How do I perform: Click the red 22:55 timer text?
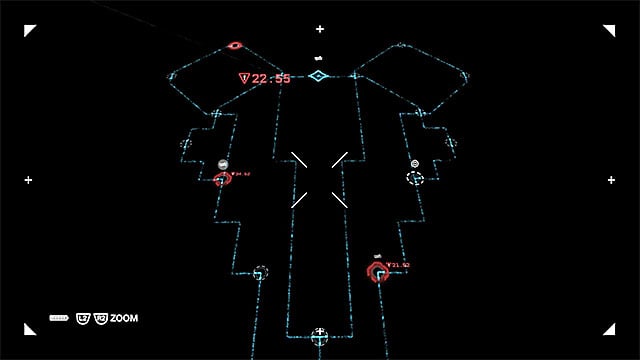[271, 78]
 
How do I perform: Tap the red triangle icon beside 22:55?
[243, 78]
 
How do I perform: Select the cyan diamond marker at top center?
[318, 76]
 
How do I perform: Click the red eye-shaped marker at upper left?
[235, 45]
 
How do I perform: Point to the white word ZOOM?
[125, 318]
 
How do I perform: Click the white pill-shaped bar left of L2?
[58, 318]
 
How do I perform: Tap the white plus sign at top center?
[320, 29]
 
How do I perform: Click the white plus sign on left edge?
[29, 180]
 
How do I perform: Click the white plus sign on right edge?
[611, 180]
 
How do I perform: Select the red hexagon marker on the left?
[222, 180]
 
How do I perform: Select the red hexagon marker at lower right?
[378, 272]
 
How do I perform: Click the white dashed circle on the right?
[415, 177]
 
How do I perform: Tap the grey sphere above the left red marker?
[223, 164]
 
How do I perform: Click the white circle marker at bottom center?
[319, 334]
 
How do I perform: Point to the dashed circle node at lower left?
[260, 272]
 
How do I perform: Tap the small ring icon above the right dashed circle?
[415, 163]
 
